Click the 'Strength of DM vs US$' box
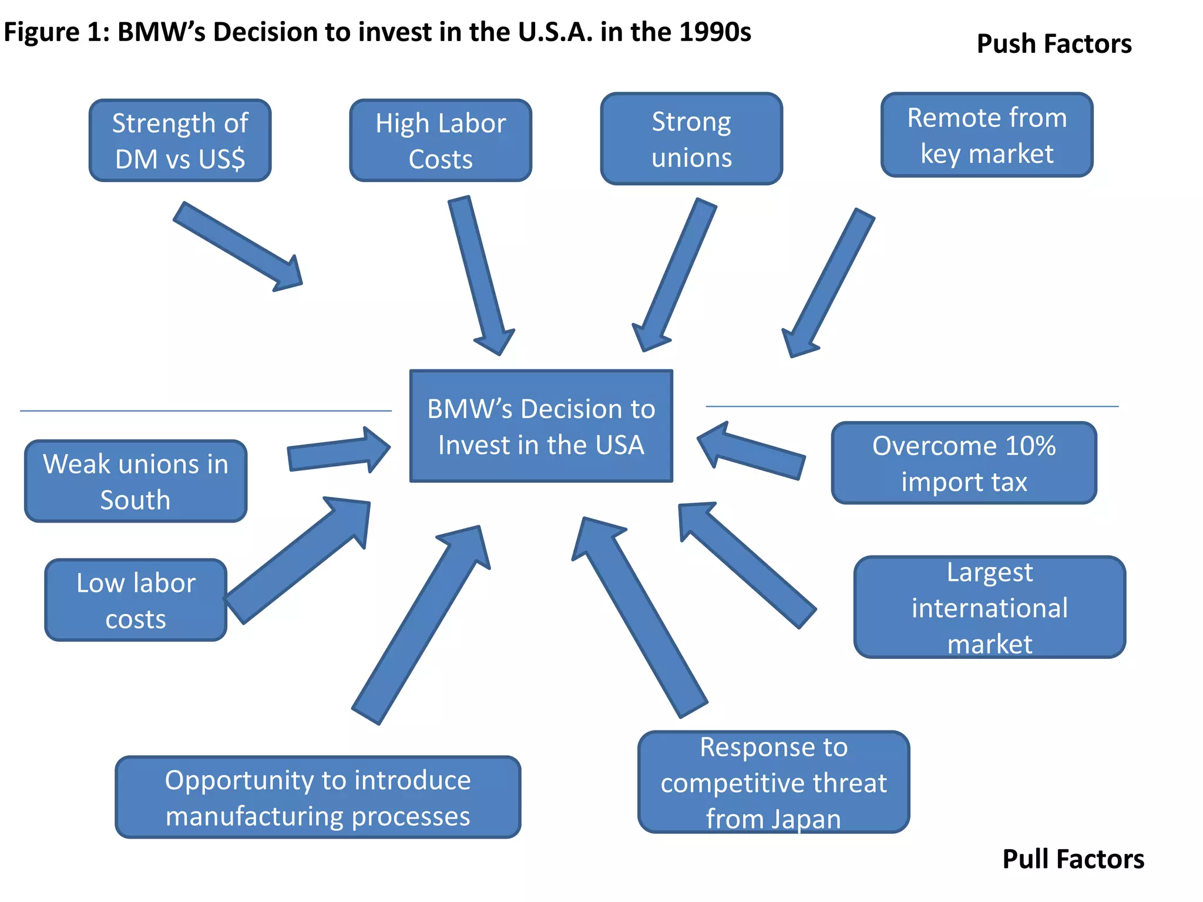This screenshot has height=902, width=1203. [x=180, y=141]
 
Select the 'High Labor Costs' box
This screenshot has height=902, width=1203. [x=441, y=141]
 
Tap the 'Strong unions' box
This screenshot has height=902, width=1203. [x=691, y=139]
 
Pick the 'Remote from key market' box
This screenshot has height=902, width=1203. [x=987, y=135]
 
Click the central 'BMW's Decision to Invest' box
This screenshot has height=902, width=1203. [x=541, y=426]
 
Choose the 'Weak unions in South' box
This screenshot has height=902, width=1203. [x=136, y=482]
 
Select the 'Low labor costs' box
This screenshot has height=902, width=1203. [x=136, y=600]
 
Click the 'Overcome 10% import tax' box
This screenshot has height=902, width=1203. [x=964, y=463]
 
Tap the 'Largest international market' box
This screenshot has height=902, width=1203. [x=990, y=607]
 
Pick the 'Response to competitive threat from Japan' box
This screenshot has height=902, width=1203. [x=774, y=782]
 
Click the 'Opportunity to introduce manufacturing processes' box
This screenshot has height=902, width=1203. [x=318, y=797]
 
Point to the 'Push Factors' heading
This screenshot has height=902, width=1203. [x=1054, y=44]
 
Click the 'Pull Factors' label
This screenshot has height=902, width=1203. [x=1073, y=859]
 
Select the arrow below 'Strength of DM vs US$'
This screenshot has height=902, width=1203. [x=238, y=247]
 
